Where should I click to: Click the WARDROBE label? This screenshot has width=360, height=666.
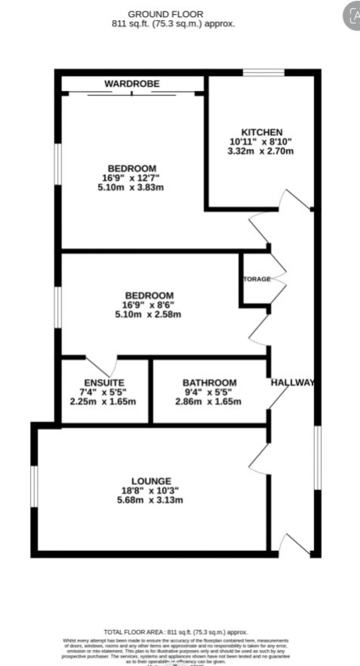click(132, 84)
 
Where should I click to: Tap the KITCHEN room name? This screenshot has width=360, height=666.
click(262, 132)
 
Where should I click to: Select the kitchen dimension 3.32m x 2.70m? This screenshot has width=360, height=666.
click(260, 151)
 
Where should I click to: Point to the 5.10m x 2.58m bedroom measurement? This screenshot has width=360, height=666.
click(148, 314)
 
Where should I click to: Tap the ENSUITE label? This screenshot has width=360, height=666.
click(104, 383)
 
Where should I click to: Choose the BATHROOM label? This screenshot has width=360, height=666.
click(209, 383)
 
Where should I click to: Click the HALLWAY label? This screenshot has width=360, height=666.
click(293, 383)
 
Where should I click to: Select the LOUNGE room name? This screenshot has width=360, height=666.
click(151, 481)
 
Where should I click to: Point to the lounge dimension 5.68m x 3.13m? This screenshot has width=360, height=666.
click(150, 500)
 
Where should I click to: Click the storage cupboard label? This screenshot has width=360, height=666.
click(257, 279)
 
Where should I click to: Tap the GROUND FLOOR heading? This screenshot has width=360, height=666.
click(165, 14)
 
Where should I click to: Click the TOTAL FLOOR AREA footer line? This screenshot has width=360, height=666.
click(176, 632)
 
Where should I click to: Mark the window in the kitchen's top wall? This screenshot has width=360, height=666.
click(263, 73)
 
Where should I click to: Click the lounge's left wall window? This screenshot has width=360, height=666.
click(34, 486)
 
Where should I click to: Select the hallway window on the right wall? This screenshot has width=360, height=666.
click(318, 457)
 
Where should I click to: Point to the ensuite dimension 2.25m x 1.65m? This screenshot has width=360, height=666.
click(103, 401)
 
